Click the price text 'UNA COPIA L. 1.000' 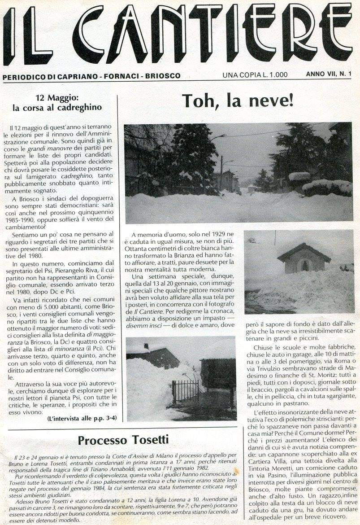255,75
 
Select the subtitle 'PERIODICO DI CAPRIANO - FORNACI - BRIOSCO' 91,76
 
